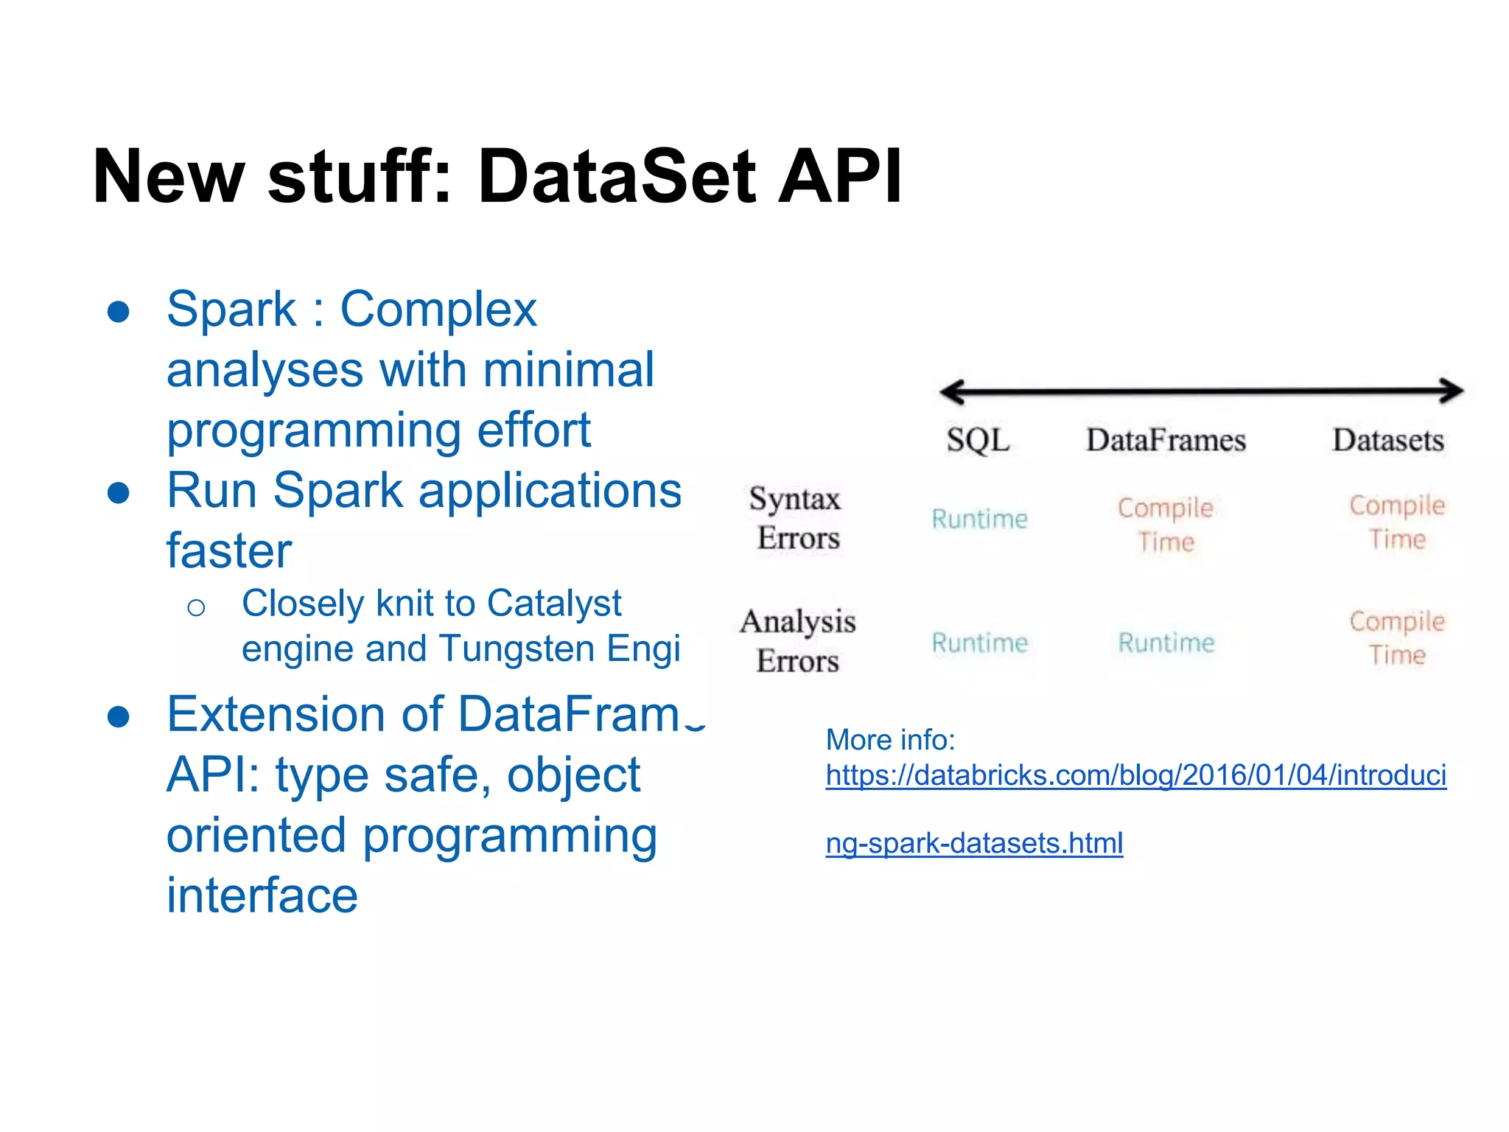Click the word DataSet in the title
coord(617,177)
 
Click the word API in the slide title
coord(840,177)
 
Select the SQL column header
coord(978,441)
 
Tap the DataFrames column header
coord(1166,441)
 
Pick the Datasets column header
coord(1388,441)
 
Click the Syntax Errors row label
coord(796,518)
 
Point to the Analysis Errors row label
coord(798,641)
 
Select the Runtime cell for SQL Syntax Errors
coord(979,519)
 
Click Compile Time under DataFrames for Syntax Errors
coord(1165,524)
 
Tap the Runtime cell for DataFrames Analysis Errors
coord(1166,643)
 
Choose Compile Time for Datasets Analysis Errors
coord(1396,638)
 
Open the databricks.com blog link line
coord(1135,776)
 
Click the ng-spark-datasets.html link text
coord(974,843)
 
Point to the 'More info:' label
coord(890,740)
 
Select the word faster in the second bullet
coord(229,551)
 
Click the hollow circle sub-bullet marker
coord(196,608)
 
